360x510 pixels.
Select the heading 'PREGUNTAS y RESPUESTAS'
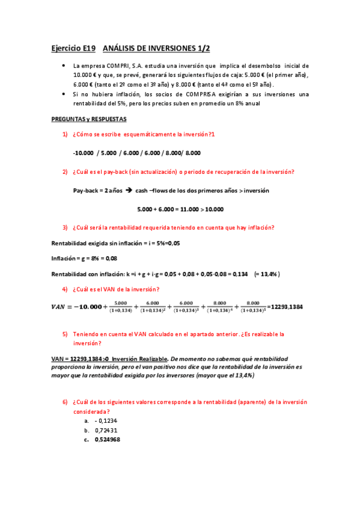click(88, 119)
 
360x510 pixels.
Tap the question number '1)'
click(65, 134)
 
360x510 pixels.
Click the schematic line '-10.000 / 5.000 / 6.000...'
click(136, 153)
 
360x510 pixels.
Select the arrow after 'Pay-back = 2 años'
click(129, 190)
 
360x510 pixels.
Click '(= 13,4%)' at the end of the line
click(267, 274)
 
